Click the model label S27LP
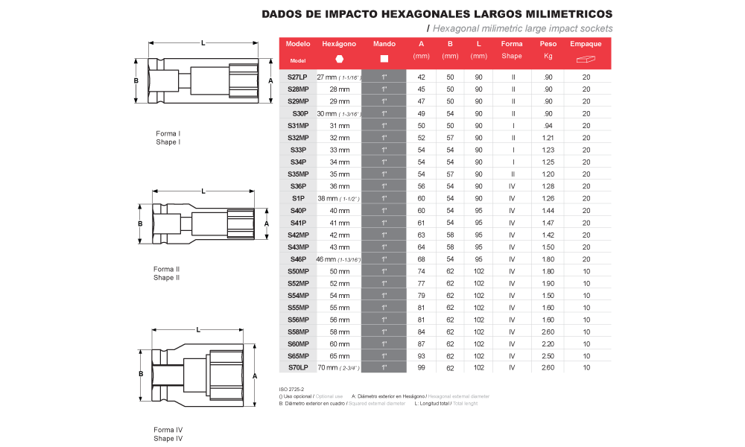pyautogui.click(x=298, y=77)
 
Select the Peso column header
pyautogui.click(x=548, y=45)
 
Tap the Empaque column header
pyautogui.click(x=586, y=45)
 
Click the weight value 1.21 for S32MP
pyautogui.click(x=548, y=138)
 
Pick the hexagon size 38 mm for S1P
pyautogui.click(x=327, y=198)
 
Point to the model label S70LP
pyautogui.click(x=298, y=367)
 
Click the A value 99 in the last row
pyautogui.click(x=421, y=367)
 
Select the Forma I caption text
pyautogui.click(x=168, y=134)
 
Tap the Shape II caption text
pyautogui.click(x=167, y=278)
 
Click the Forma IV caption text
pyautogui.click(x=168, y=430)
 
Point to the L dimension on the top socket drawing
pyautogui.click(x=203, y=43)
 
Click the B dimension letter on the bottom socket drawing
pyautogui.click(x=140, y=375)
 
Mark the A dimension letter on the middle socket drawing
pyautogui.click(x=266, y=223)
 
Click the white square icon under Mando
pyautogui.click(x=384, y=59)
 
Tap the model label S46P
pyautogui.click(x=298, y=259)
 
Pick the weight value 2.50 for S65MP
pyautogui.click(x=548, y=355)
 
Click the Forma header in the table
pyautogui.click(x=512, y=45)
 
